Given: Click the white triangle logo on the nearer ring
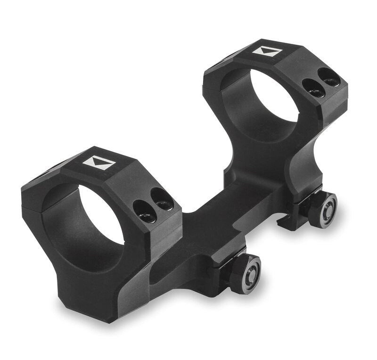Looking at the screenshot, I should [99, 164].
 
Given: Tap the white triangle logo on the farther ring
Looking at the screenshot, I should [267, 51].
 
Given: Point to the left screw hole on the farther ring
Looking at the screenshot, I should [313, 88].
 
